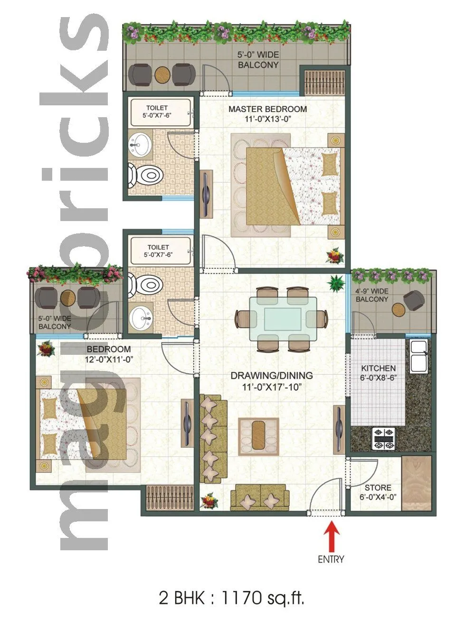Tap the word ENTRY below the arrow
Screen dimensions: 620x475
[x=331, y=559]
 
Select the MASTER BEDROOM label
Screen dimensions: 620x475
[x=267, y=109]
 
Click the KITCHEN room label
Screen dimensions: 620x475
[x=378, y=368]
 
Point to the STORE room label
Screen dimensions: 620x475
[x=378, y=488]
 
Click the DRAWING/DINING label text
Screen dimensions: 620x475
[x=272, y=376]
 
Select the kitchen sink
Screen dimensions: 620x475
[x=418, y=355]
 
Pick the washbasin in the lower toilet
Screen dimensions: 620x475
[x=141, y=315]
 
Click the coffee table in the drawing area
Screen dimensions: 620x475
[x=259, y=434]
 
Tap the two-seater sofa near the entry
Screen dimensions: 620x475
[x=259, y=497]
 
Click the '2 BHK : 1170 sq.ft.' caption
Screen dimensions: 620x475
[x=231, y=597]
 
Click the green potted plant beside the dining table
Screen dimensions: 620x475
[x=336, y=283]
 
